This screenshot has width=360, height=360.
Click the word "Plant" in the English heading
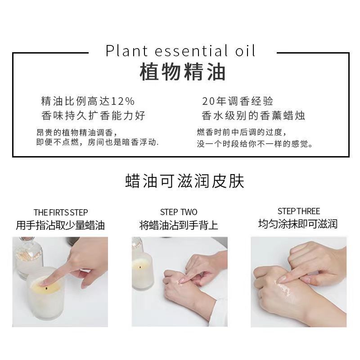point(126,50)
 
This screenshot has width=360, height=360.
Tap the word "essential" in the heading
point(189,50)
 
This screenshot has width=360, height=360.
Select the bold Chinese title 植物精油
point(183,72)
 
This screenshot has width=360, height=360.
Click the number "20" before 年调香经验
point(209,101)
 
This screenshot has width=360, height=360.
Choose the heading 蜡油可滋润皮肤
point(184,181)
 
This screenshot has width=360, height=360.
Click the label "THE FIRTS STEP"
point(61,212)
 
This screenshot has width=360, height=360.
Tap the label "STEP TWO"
point(179,212)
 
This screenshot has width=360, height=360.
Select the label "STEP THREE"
point(299,211)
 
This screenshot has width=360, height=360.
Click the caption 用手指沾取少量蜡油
point(60,225)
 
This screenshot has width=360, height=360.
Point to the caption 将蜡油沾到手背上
point(179,225)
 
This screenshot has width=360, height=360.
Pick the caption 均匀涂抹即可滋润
point(298,224)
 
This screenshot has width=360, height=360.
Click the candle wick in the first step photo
point(47,288)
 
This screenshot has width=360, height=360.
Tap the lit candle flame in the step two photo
point(139,267)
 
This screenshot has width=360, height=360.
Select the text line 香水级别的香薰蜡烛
point(253,116)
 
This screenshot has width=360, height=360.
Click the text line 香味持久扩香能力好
point(93,116)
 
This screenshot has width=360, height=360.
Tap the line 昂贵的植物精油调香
point(76,132)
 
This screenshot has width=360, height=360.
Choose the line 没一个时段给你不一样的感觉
point(255,144)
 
